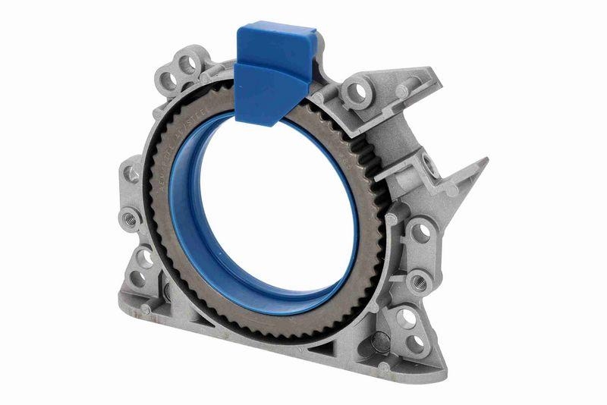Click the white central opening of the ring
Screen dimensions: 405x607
coord(262,205)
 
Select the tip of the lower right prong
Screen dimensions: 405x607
coord(483,162)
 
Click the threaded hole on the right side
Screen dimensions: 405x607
coord(419,281)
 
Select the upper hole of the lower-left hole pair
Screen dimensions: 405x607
coord(144,258)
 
